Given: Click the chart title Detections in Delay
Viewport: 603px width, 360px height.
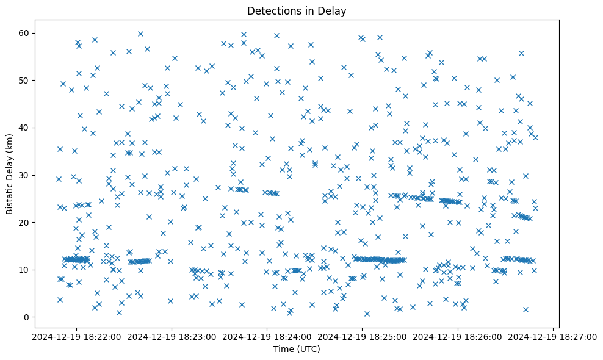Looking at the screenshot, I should pos(296,10).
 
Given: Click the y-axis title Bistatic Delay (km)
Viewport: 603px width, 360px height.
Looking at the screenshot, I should pos(10,175).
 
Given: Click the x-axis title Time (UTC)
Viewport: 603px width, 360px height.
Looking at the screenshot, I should pos(296,349).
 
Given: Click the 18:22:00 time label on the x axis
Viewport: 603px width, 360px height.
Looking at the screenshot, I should pos(77,336).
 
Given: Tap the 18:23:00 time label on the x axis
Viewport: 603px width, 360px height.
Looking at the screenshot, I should pos(172,336).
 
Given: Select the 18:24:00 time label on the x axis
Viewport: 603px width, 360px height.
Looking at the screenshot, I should pos(267,336).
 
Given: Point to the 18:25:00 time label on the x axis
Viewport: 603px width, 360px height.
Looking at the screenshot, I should pos(363,336).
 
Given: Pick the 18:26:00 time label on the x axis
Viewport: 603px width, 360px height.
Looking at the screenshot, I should pos(458,336).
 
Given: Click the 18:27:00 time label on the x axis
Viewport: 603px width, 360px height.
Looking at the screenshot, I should pos(553,336).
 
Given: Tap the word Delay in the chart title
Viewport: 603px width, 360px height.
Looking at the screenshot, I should pos(333,10).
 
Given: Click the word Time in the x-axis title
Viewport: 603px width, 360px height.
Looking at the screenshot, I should pos(282,349).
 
